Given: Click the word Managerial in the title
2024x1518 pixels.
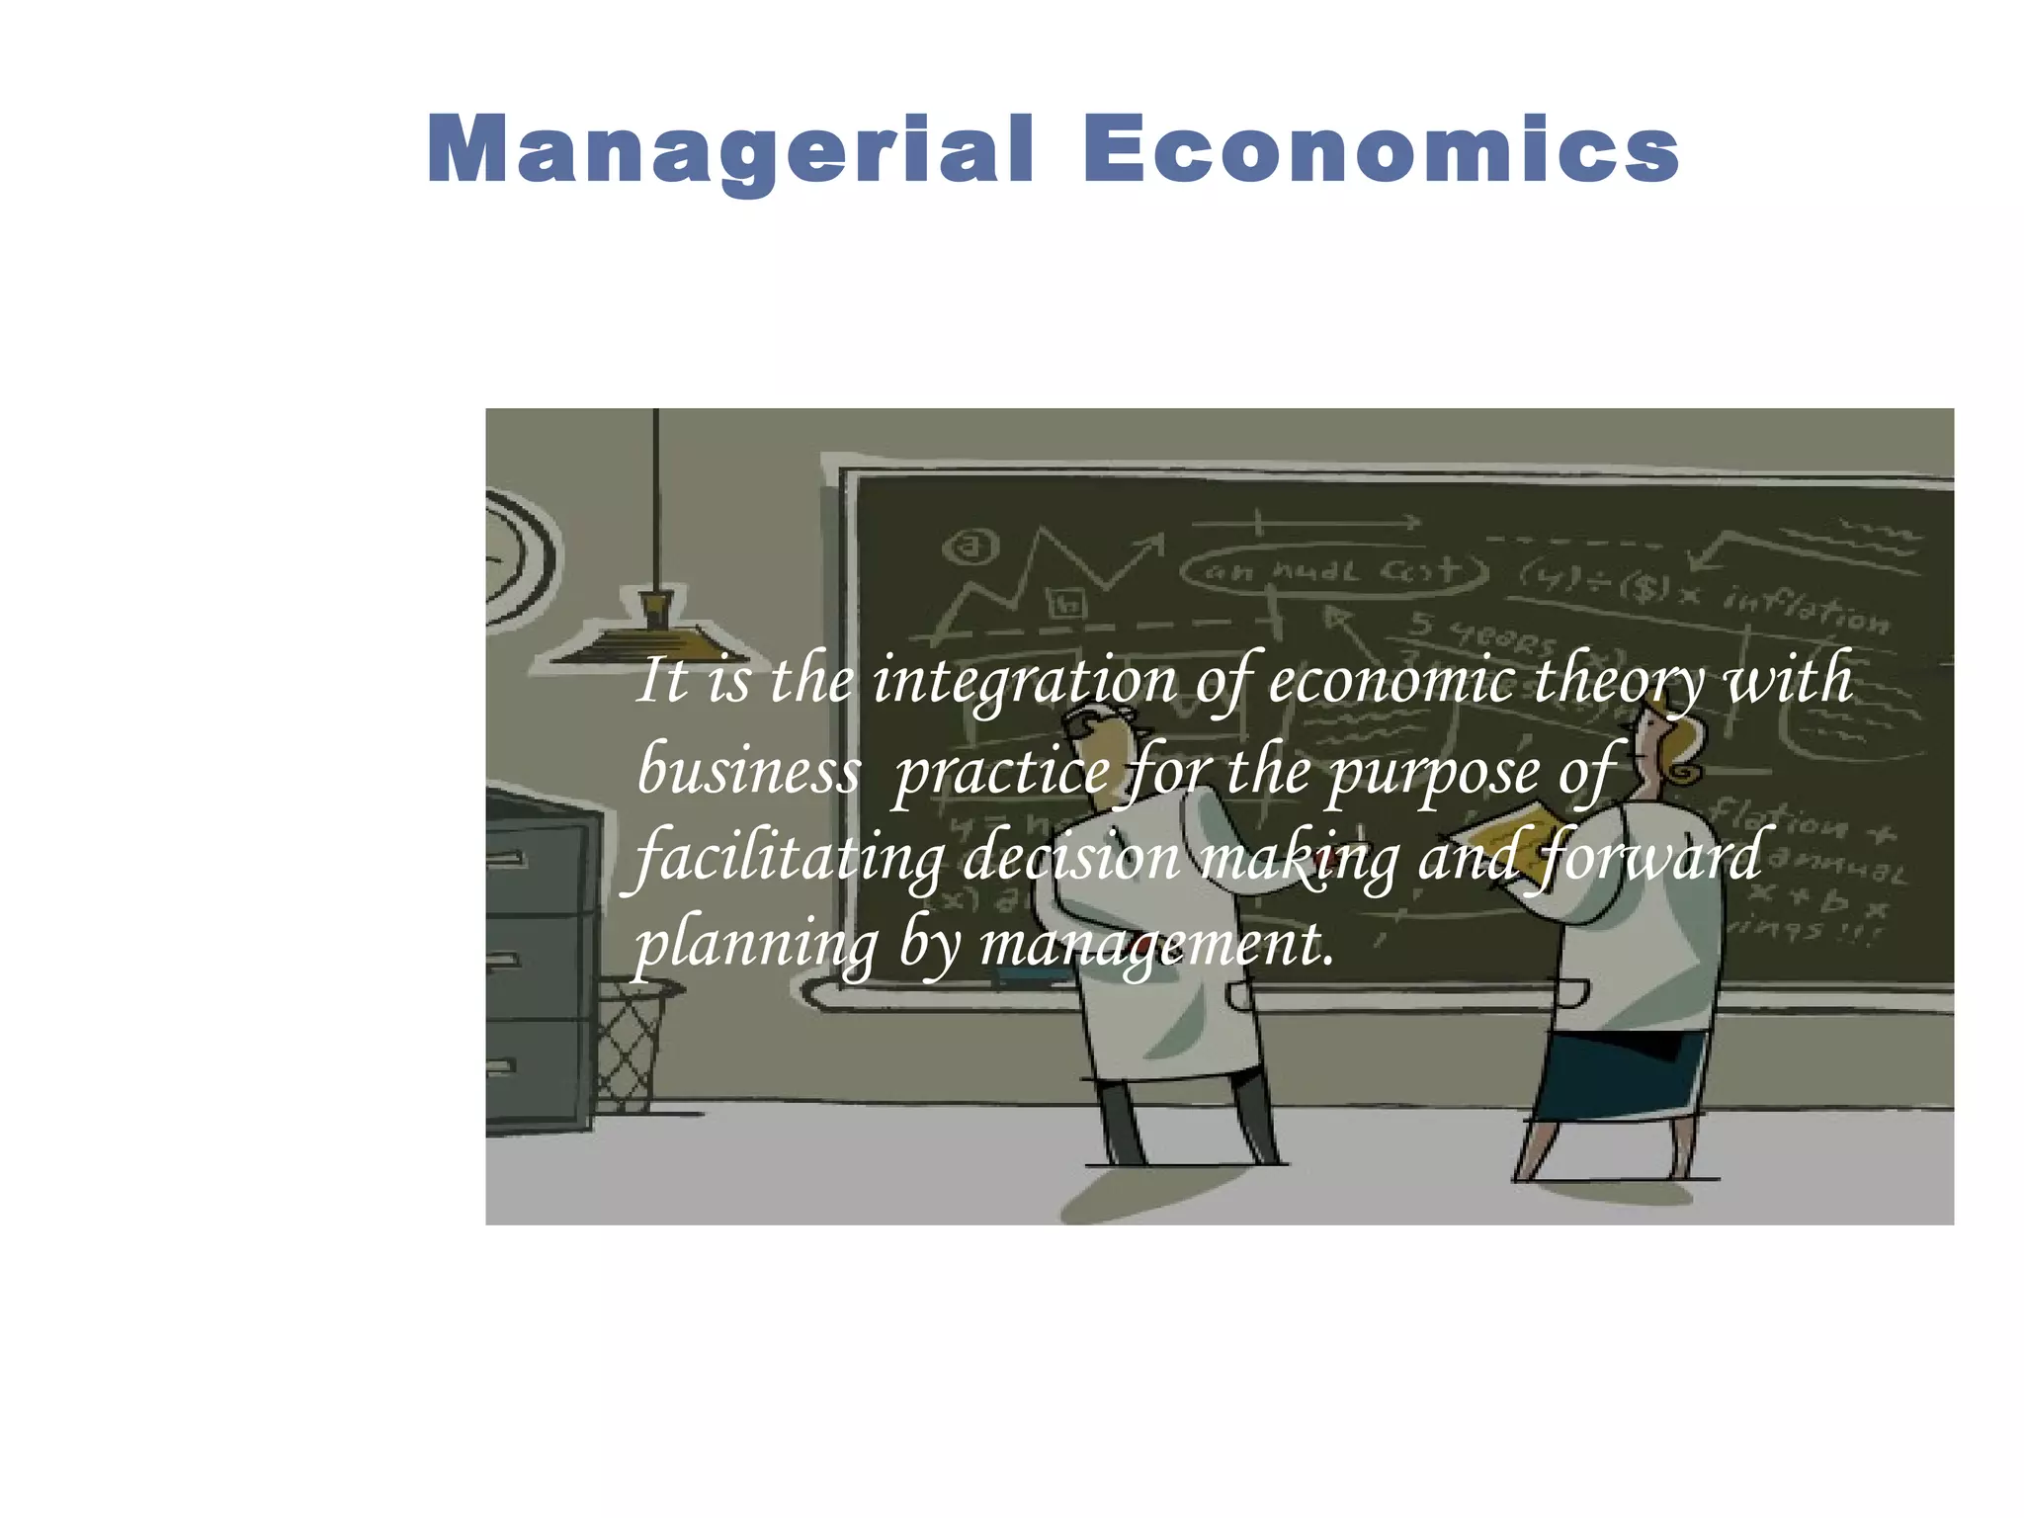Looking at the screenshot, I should (731, 150).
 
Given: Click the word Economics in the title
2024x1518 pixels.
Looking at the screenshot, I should (1381, 150).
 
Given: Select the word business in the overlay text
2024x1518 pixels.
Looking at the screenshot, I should (748, 770).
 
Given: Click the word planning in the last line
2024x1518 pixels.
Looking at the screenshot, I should (755, 945).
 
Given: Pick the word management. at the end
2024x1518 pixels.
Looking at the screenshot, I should (1156, 945).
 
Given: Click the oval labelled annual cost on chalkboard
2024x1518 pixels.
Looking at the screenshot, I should (1334, 571).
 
